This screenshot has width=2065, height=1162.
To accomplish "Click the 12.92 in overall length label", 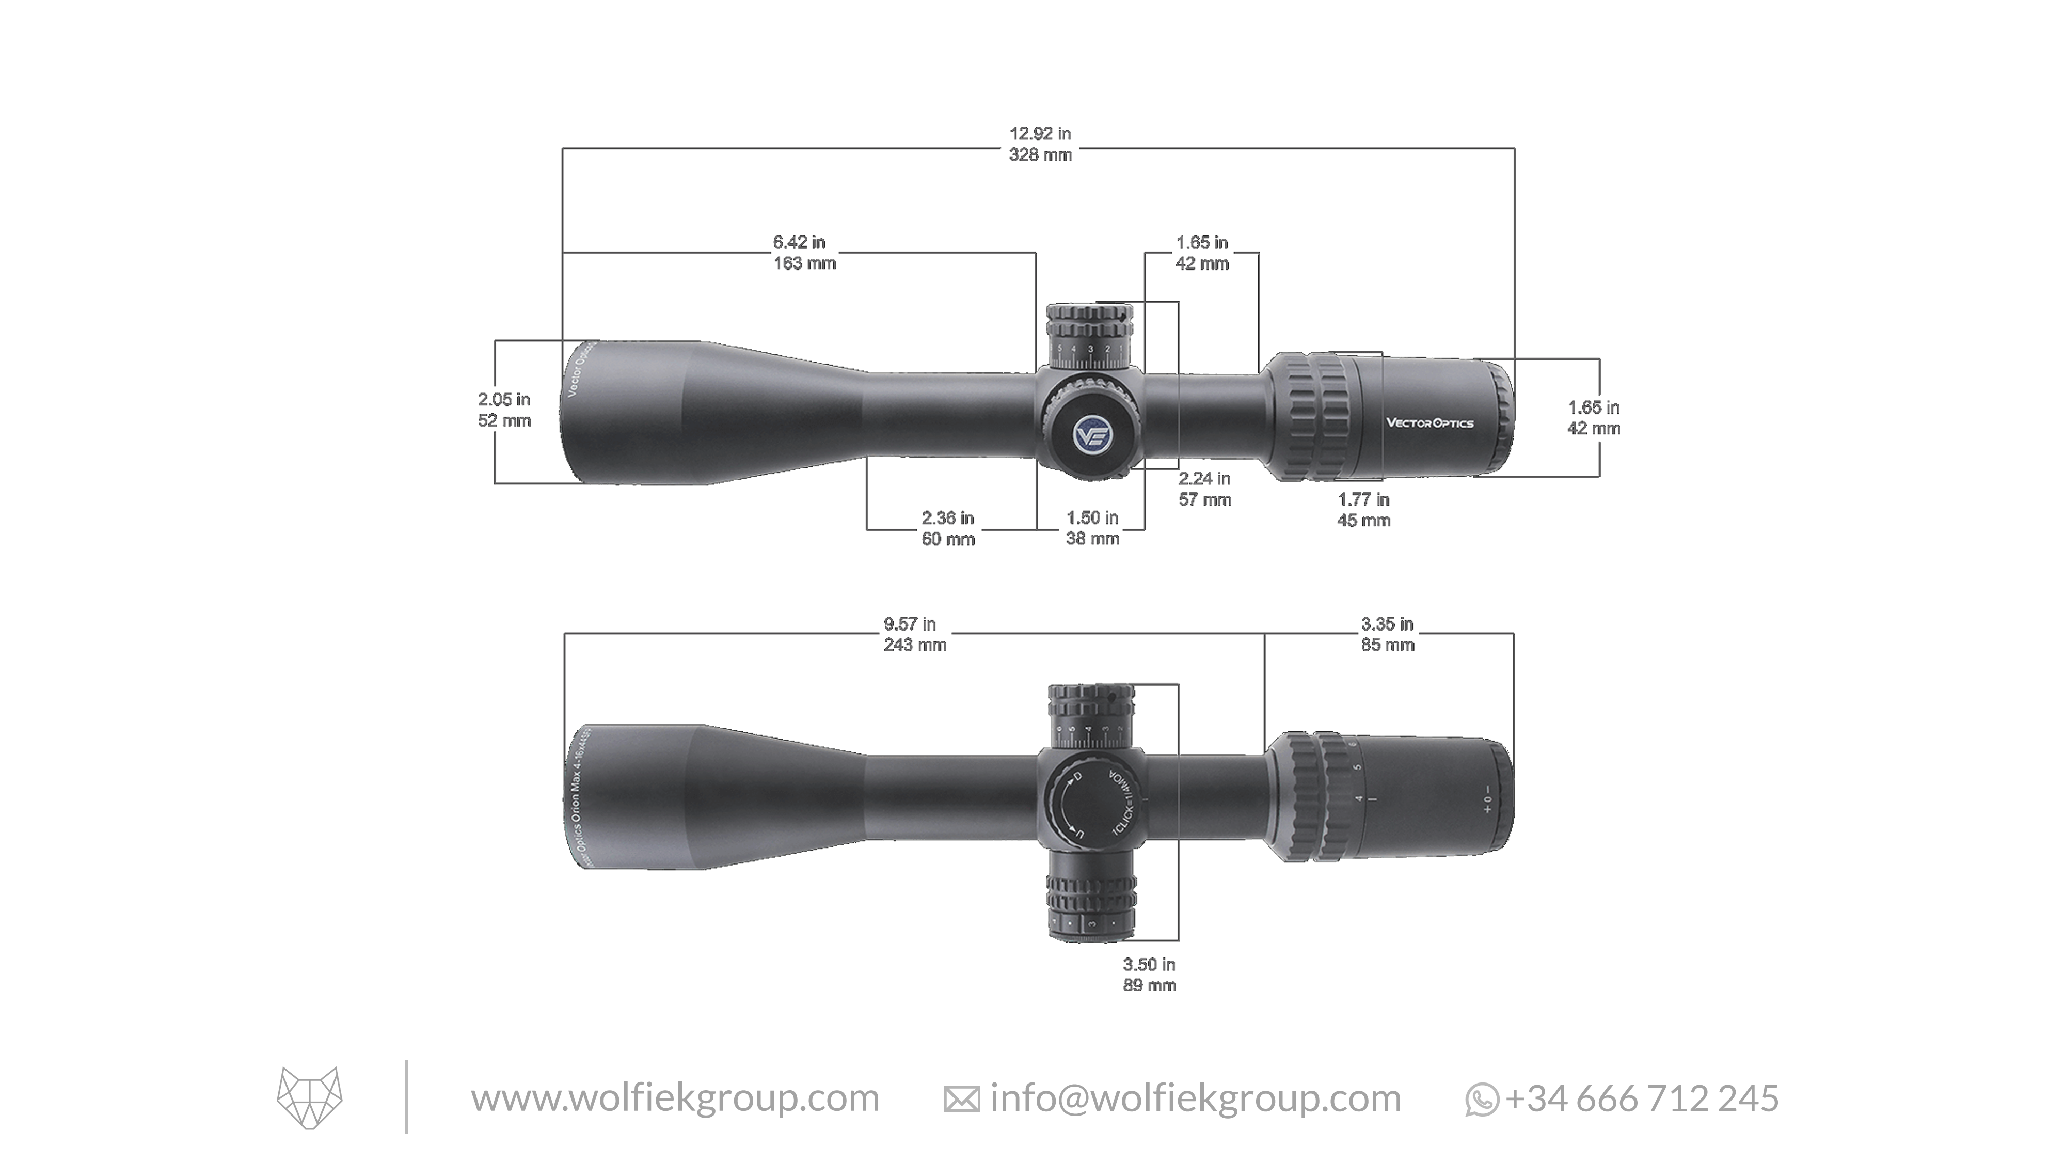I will pyautogui.click(x=1040, y=145).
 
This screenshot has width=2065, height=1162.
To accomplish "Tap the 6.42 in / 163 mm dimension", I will pyautogui.click(x=803, y=253).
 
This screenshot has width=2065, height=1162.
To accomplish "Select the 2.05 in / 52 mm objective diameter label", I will pyautogui.click(x=504, y=410).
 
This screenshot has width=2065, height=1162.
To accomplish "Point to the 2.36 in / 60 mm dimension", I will pyautogui.click(x=947, y=528).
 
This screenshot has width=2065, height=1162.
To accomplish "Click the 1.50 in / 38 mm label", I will pyautogui.click(x=1092, y=528).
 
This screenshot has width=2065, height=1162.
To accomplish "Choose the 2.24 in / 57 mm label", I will pyautogui.click(x=1204, y=489).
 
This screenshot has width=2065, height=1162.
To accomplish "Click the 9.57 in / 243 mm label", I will pyautogui.click(x=915, y=634).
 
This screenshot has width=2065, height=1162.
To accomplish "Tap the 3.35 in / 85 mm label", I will pyautogui.click(x=1387, y=634).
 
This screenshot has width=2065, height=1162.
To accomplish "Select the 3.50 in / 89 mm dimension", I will pyautogui.click(x=1149, y=975).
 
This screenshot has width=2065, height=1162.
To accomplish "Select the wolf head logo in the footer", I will pyautogui.click(x=309, y=1098).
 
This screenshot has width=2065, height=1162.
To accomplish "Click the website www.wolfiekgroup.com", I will pyautogui.click(x=675, y=1098).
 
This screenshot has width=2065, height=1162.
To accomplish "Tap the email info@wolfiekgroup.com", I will pyautogui.click(x=1195, y=1098).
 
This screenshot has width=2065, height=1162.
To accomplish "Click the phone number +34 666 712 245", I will pyautogui.click(x=1642, y=1098).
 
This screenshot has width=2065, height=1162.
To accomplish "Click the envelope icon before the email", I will pyautogui.click(x=961, y=1100).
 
